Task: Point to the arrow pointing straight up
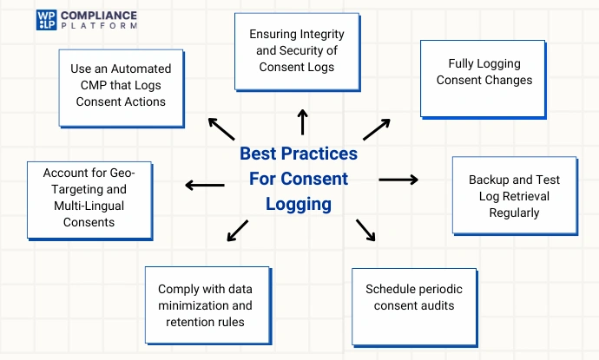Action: pos(302,122)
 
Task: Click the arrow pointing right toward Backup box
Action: pos(398,180)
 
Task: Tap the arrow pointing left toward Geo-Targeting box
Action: pos(204,184)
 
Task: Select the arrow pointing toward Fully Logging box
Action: pos(376,128)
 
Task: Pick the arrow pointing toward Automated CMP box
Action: pos(221,129)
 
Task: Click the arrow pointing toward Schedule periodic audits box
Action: pos(365,230)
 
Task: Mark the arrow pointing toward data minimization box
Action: pos(236,230)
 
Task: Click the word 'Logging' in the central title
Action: pos(299,205)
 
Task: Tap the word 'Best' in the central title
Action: pos(259,154)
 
